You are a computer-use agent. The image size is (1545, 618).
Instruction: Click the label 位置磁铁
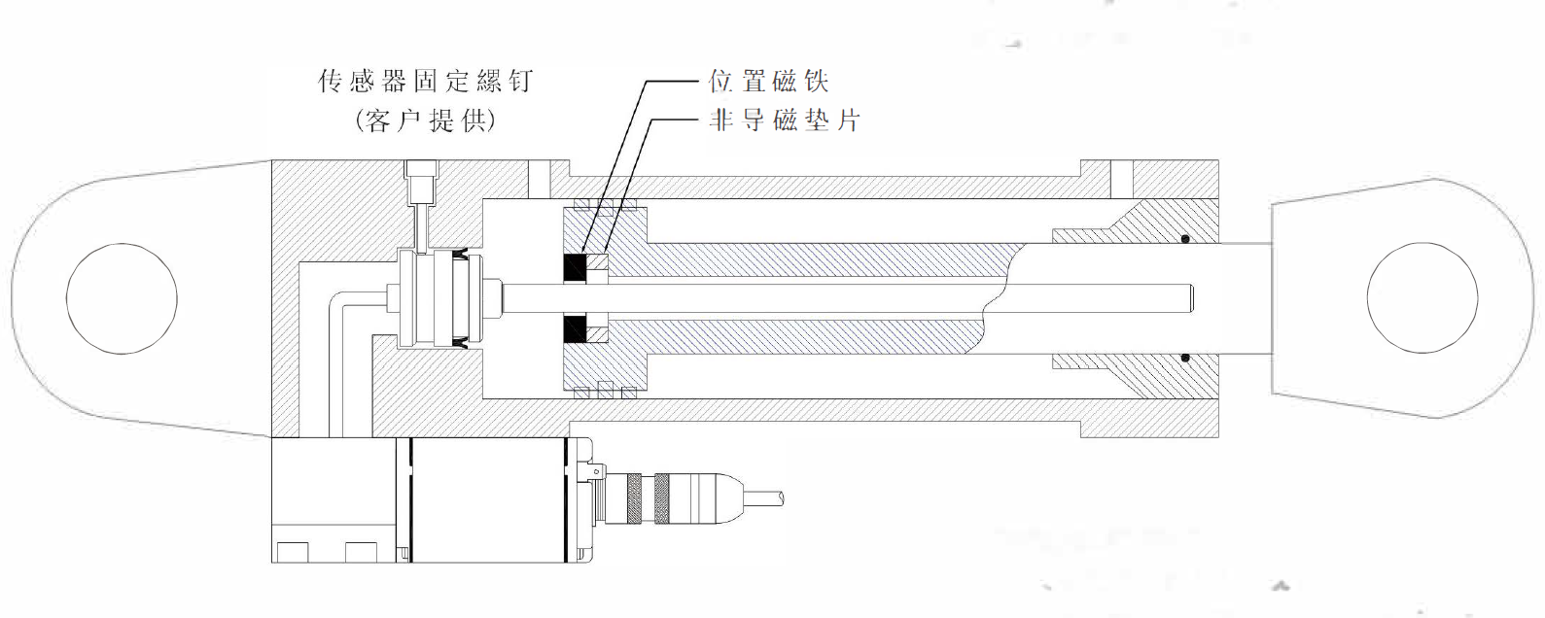pyautogui.click(x=767, y=81)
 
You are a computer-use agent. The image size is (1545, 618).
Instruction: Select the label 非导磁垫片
pyautogui.click(x=785, y=120)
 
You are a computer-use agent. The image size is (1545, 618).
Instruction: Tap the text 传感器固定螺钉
pyautogui.click(x=425, y=81)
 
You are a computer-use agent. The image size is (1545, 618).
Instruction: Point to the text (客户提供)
pyautogui.click(x=425, y=120)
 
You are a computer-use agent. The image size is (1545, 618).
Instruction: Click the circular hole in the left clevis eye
pyautogui.click(x=122, y=298)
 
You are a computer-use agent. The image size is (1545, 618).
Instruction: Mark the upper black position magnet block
pyautogui.click(x=575, y=267)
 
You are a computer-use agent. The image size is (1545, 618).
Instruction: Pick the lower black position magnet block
pyautogui.click(x=575, y=330)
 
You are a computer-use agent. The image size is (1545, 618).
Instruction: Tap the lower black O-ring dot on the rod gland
pyautogui.click(x=1185, y=358)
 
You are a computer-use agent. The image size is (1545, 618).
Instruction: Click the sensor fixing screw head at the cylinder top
pyautogui.click(x=422, y=180)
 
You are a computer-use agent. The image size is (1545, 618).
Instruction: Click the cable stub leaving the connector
pyautogui.click(x=764, y=498)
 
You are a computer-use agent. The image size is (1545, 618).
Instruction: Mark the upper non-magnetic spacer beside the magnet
pyautogui.click(x=598, y=265)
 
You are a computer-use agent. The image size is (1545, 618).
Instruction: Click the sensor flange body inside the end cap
pyautogui.click(x=428, y=298)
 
